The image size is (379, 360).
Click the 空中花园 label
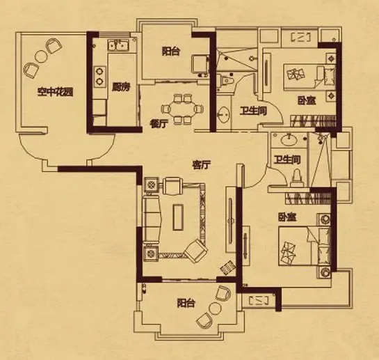point(55,92)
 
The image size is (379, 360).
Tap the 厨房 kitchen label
point(121,87)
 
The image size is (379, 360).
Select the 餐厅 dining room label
point(159,124)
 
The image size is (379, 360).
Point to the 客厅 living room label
point(201,165)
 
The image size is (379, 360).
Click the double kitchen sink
point(118,45)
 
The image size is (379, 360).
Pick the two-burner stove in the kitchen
point(99,77)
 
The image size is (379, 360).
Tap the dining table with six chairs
point(182,109)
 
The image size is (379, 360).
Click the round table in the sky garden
point(41,56)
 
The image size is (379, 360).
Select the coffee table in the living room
point(178,217)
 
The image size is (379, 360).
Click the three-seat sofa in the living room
point(152,219)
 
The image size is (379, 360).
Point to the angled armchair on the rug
point(196,251)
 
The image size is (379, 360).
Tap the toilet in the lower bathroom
point(296,178)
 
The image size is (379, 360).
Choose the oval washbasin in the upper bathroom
point(224,114)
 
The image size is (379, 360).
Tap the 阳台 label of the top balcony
point(171,52)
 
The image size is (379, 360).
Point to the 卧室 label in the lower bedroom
point(287,217)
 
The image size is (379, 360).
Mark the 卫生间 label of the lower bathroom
point(287,159)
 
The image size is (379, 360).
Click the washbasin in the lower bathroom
point(289,140)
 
